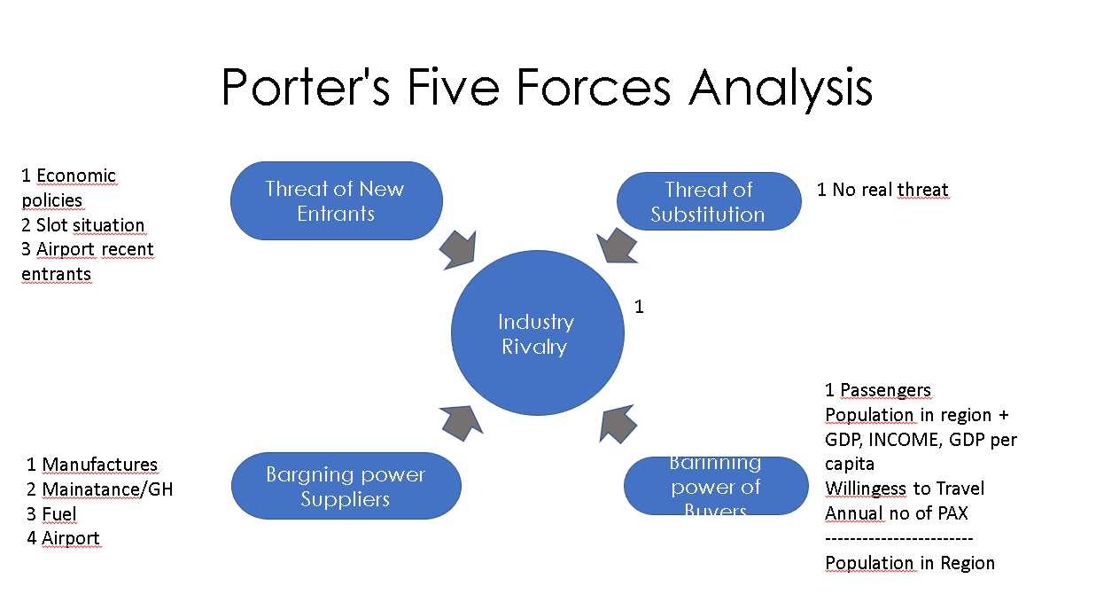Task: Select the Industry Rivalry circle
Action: click(537, 333)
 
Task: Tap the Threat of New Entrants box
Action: click(336, 200)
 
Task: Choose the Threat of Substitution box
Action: click(708, 201)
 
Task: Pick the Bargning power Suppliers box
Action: click(346, 486)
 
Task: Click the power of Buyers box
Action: click(716, 486)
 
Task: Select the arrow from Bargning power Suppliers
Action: click(461, 419)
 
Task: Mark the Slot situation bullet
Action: click(83, 225)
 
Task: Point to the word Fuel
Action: click(59, 514)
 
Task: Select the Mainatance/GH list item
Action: click(99, 489)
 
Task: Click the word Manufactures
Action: click(100, 465)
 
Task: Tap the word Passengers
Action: click(885, 390)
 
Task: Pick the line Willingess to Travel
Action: click(905, 489)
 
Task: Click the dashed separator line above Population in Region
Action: click(898, 538)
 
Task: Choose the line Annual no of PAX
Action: click(896, 513)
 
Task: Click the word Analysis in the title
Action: click(781, 86)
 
